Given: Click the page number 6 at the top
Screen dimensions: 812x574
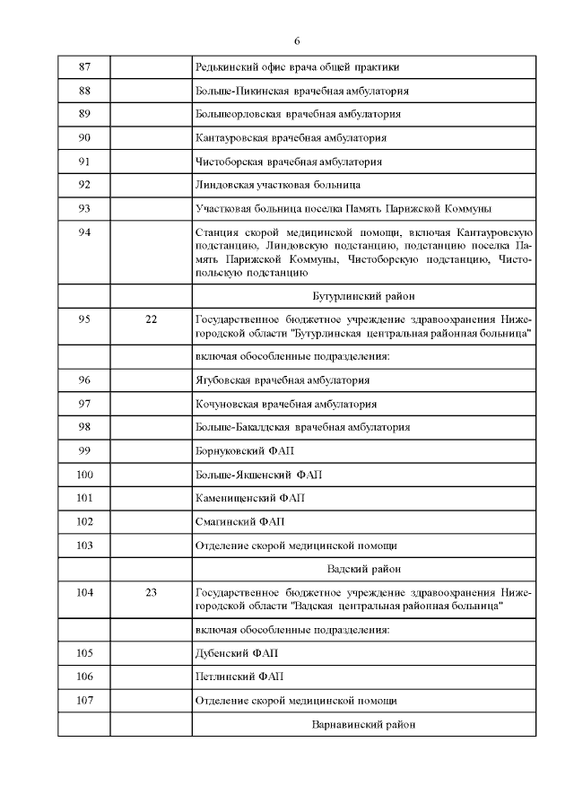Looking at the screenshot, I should pyautogui.click(x=297, y=41).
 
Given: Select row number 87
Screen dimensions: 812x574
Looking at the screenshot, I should pyautogui.click(x=85, y=67).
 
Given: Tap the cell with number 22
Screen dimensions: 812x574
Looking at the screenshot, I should pyautogui.click(x=151, y=319).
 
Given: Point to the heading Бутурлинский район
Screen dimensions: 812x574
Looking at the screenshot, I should pyautogui.click(x=362, y=295).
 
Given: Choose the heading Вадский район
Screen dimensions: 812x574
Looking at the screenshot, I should pyautogui.click(x=362, y=569).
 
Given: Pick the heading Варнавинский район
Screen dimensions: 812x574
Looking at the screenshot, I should pyautogui.click(x=362, y=724).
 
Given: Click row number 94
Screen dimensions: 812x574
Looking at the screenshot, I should pyautogui.click(x=85, y=232).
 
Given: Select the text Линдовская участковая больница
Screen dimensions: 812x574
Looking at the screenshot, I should pyautogui.click(x=278, y=185).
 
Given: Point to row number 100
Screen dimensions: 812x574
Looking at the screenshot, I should pyautogui.click(x=85, y=474).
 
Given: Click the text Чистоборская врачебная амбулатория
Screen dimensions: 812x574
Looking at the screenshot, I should pyautogui.click(x=289, y=162).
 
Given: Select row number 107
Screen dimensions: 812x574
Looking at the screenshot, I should pyautogui.click(x=85, y=701).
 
